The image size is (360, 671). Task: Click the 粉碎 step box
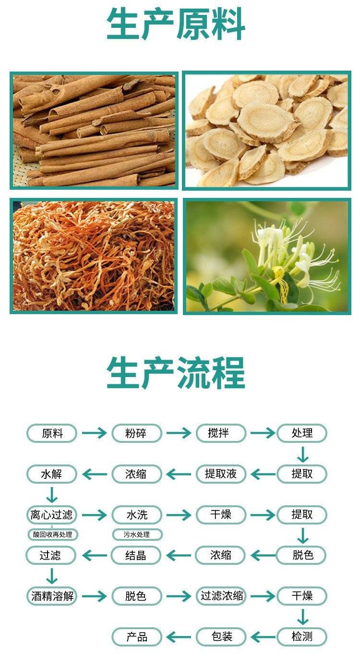tap(137, 433)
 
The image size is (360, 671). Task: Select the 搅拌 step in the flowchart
tap(221, 433)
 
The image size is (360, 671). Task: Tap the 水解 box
tap(52, 474)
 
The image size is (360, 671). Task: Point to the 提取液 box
tap(221, 474)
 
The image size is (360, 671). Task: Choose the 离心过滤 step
tap(52, 514)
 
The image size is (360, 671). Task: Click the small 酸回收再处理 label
tap(52, 535)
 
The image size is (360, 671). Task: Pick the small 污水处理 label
tap(137, 535)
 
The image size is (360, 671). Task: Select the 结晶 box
tap(136, 555)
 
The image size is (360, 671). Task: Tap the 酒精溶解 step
tap(52, 596)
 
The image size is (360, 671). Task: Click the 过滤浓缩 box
tap(221, 596)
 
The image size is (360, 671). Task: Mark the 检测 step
tap(302, 637)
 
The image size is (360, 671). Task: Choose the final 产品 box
tap(137, 637)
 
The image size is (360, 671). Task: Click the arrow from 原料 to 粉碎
tap(94, 433)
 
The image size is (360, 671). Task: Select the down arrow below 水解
tap(52, 495)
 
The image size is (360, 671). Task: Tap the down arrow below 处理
tap(303, 454)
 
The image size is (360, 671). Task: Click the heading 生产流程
tap(176, 373)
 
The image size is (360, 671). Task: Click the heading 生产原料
tap(176, 24)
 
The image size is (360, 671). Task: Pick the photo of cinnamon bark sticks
tap(94, 131)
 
